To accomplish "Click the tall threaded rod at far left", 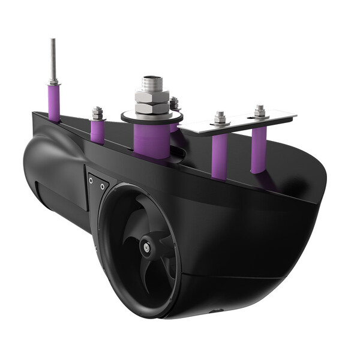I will [x=53, y=60].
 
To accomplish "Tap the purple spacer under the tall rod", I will [x=53, y=102].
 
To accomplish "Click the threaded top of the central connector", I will [x=151, y=83].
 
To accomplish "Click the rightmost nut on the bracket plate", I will [x=259, y=112].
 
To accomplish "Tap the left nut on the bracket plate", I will [x=220, y=118].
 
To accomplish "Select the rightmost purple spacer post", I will [x=259, y=150].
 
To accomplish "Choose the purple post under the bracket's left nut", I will [x=220, y=155].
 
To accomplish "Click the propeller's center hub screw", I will [x=145, y=245].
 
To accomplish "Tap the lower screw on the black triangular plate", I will [x=103, y=187].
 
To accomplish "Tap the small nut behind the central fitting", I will [x=174, y=104].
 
